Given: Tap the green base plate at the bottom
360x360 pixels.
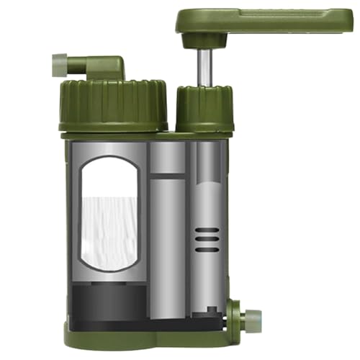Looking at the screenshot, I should click(144, 336).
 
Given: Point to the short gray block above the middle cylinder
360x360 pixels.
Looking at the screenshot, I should click(167, 157).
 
